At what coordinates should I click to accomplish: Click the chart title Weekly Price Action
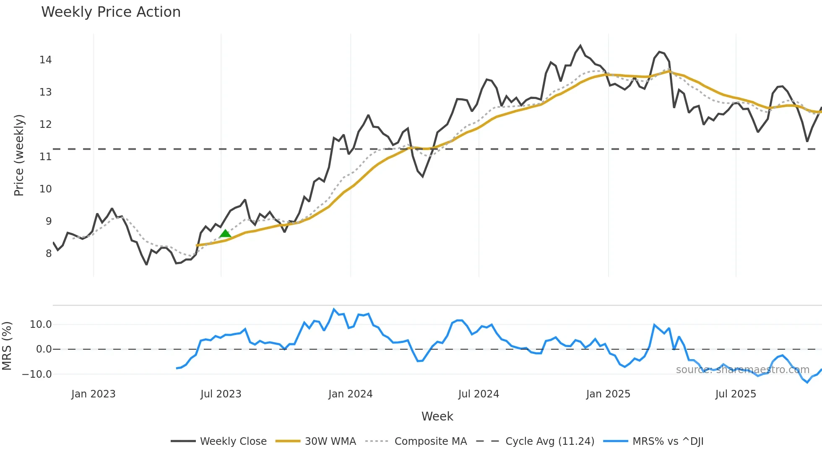click(111, 12)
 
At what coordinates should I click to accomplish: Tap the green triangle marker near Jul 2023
click(225, 234)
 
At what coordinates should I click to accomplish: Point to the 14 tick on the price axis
click(46, 60)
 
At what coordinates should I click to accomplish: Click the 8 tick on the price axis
click(49, 254)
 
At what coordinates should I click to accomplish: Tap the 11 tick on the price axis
click(46, 157)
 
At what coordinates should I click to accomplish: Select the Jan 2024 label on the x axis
click(350, 394)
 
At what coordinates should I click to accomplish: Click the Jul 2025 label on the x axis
click(736, 394)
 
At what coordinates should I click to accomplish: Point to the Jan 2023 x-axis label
click(93, 394)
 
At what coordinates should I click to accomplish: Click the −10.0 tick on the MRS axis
click(37, 374)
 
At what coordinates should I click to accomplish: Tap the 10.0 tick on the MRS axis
click(41, 324)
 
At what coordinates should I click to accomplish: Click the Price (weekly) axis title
click(19, 155)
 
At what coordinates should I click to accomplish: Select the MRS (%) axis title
click(7, 346)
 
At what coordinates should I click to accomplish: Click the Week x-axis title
click(437, 416)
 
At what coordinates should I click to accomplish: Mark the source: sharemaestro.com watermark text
click(742, 370)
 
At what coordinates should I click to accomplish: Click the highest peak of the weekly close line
click(580, 46)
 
